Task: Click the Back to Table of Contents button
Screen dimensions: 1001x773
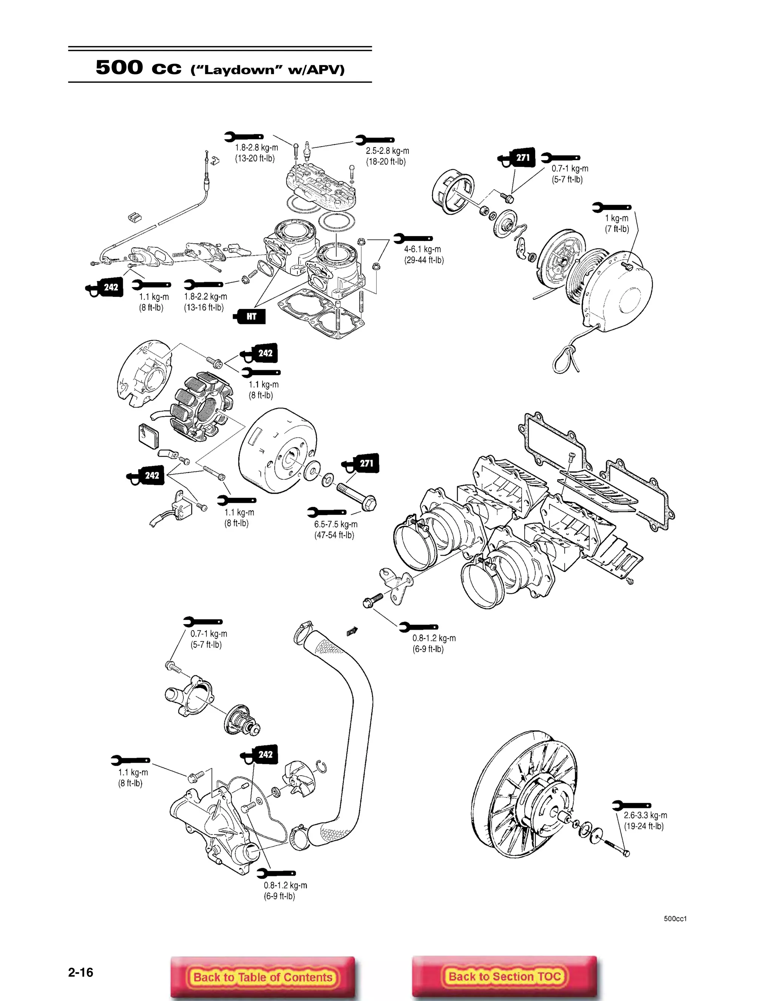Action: (262, 977)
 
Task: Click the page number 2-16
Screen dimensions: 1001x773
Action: (81, 972)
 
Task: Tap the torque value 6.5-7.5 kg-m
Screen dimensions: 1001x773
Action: (336, 524)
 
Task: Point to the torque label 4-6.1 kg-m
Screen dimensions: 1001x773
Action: (422, 249)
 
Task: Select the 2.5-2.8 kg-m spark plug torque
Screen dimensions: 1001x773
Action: (387, 151)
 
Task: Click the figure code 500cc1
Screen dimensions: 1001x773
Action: (675, 919)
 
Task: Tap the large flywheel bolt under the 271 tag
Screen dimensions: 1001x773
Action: (356, 496)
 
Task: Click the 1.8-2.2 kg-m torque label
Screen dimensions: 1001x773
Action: (205, 297)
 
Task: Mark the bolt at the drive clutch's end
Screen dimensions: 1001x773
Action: (626, 853)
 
